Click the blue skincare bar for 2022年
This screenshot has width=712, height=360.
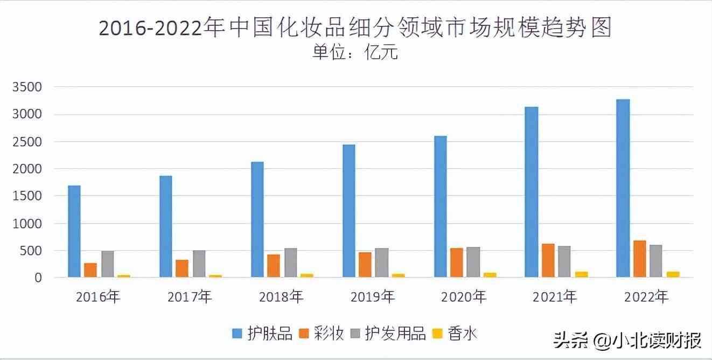click(x=623, y=188)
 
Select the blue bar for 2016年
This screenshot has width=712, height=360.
click(x=74, y=231)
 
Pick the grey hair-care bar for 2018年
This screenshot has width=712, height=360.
click(x=290, y=262)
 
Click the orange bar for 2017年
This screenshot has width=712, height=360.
click(x=182, y=268)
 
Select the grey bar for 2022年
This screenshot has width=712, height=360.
click(x=656, y=261)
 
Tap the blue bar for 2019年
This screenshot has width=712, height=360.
click(x=348, y=211)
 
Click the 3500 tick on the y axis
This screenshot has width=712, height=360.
click(x=26, y=87)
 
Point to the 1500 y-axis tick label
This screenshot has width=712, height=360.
click(x=26, y=196)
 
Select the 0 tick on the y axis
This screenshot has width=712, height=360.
click(x=38, y=278)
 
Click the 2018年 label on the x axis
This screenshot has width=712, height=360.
click(x=281, y=297)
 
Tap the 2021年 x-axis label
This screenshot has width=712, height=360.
click(x=554, y=297)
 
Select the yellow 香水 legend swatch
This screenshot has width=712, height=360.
click(x=438, y=334)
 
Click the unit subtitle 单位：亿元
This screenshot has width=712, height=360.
click(x=355, y=53)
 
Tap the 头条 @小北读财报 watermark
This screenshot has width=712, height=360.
click(x=627, y=341)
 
